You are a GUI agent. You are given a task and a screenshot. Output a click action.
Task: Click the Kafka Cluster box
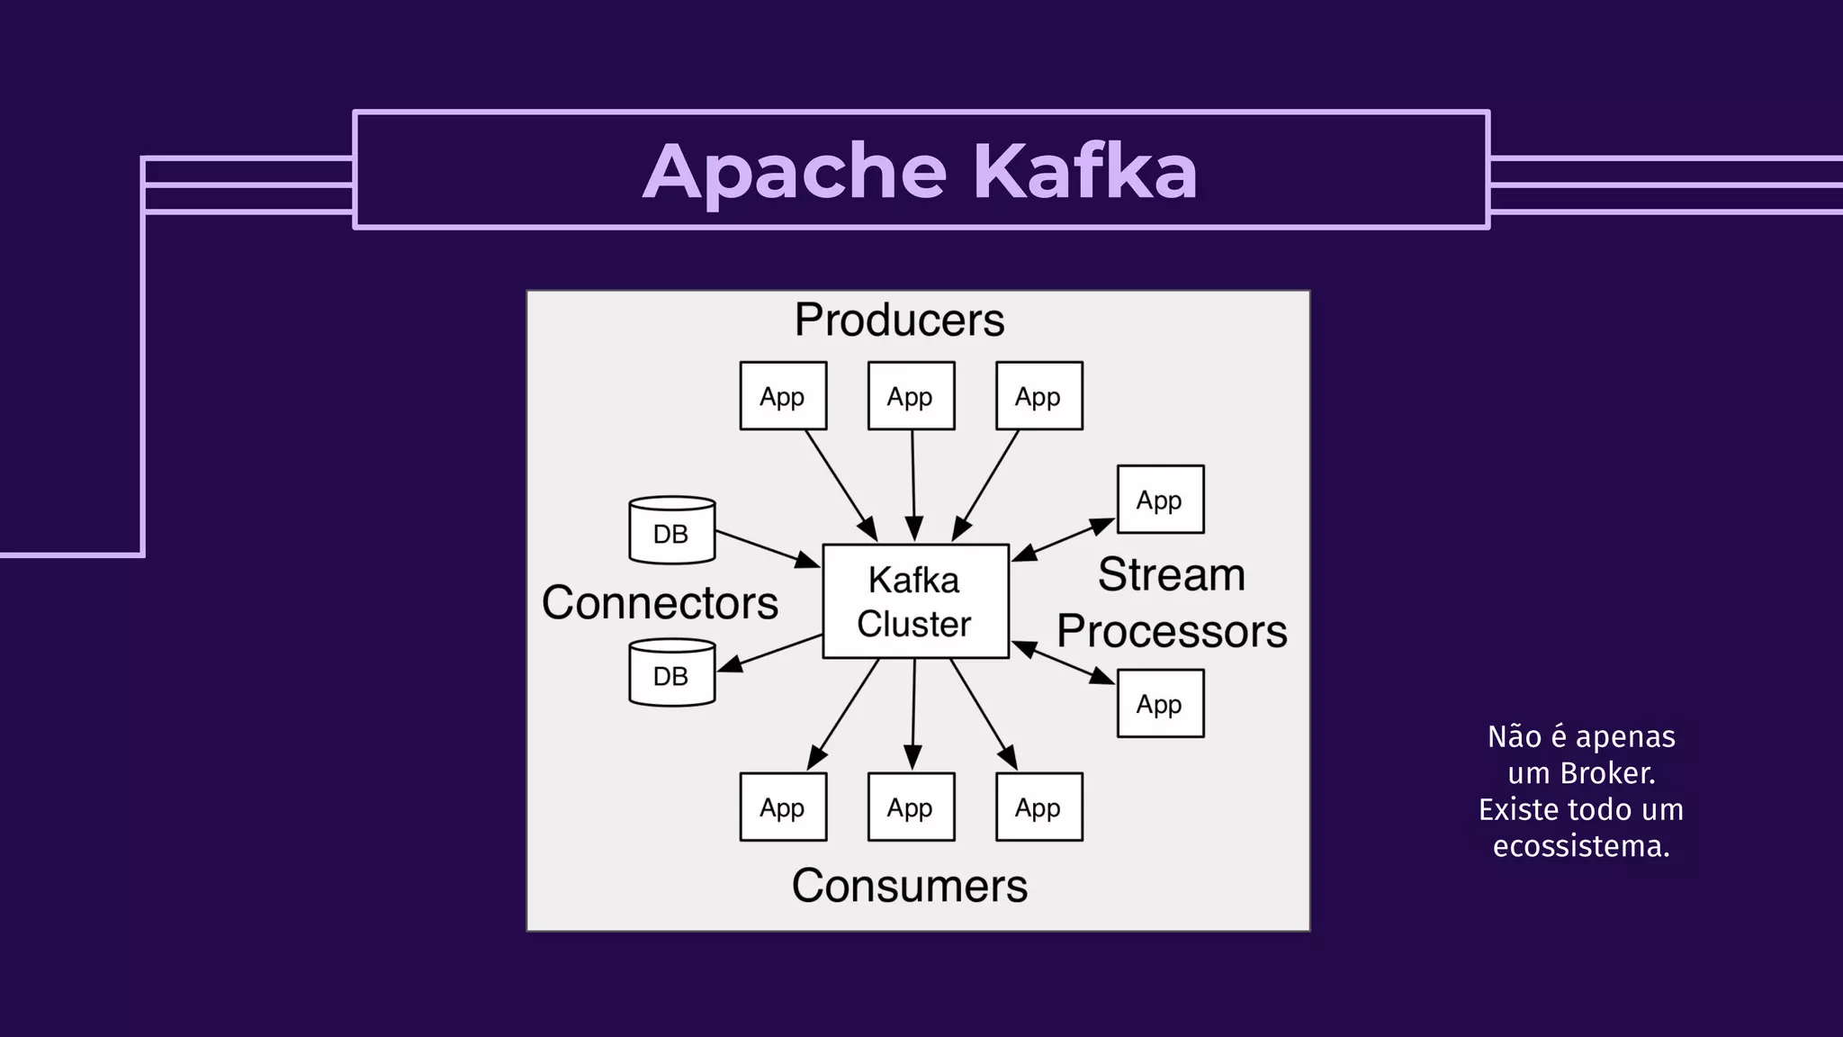915,601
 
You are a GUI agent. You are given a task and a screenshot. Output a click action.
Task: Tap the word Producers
899,320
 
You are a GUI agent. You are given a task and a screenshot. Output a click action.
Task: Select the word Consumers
909,886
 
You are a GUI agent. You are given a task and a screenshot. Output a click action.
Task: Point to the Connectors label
660,602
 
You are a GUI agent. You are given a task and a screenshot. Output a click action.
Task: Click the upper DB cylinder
671,530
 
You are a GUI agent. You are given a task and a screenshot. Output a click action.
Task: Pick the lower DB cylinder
671,672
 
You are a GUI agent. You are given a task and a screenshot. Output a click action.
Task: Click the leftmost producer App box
783,396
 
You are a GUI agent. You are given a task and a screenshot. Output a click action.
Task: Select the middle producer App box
911,396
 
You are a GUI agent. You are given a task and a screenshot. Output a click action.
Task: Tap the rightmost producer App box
1038,396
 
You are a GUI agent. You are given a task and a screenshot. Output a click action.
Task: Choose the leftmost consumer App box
783,807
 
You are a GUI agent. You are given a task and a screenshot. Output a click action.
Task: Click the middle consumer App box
911,807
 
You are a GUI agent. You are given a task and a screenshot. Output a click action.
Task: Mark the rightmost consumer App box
1038,807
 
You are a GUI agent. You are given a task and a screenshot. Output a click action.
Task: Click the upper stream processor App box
1160,500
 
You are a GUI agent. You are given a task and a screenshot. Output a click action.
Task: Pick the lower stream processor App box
1160,704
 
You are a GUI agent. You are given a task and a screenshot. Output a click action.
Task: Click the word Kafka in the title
1085,171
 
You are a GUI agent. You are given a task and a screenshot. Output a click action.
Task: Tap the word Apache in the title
795,171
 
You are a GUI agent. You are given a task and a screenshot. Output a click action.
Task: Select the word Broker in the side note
1606,773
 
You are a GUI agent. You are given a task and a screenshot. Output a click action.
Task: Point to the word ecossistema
1581,846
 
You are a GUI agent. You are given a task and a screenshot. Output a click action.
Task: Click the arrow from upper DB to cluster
767,548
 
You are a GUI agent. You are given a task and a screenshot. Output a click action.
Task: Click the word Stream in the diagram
1171,574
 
